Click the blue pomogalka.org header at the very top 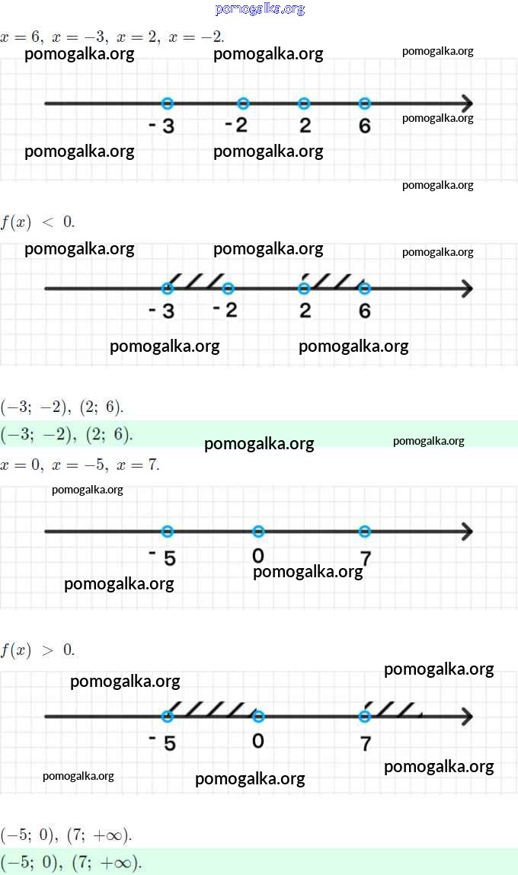click(x=260, y=9)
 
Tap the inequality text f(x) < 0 click(x=37, y=222)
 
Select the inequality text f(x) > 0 click(x=37, y=650)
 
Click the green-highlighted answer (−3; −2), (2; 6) click(x=67, y=435)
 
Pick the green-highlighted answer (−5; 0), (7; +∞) click(x=72, y=863)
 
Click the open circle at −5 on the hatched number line click(x=168, y=717)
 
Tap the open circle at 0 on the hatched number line click(x=258, y=717)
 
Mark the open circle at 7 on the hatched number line click(x=364, y=717)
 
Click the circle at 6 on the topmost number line click(x=364, y=104)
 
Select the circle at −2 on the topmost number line click(x=243, y=104)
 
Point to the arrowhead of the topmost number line click(x=466, y=104)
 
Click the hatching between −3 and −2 click(x=197, y=281)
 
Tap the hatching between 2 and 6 click(x=334, y=281)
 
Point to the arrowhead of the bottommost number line click(x=466, y=717)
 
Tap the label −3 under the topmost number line click(x=161, y=126)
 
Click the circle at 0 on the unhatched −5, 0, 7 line click(x=258, y=531)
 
